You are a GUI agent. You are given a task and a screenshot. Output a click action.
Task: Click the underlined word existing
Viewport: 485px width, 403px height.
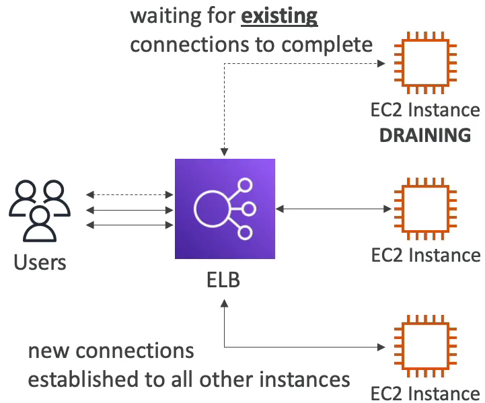point(279,16)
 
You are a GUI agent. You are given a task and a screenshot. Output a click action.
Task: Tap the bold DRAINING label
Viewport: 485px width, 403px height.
point(425,135)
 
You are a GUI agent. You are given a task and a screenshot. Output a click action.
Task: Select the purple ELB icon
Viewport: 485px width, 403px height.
point(225,209)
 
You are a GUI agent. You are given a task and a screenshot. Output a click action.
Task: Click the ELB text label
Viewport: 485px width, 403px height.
point(223,280)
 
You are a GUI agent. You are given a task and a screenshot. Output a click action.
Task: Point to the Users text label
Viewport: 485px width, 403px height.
point(40,262)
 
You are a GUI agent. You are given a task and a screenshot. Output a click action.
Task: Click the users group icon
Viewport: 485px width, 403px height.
point(40,211)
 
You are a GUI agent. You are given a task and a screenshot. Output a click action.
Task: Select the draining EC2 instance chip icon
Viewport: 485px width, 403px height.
point(425,63)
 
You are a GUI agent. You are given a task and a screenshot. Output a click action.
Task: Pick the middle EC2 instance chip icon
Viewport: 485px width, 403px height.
point(425,209)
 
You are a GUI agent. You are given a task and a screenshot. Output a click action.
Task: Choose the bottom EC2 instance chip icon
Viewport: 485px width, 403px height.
point(425,346)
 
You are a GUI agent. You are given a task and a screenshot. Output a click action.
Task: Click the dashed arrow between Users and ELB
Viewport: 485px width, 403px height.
point(130,195)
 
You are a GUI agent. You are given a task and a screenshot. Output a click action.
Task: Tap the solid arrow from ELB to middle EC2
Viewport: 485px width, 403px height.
point(333,209)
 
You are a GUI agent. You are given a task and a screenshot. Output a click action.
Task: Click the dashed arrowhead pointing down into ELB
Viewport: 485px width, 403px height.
point(224,152)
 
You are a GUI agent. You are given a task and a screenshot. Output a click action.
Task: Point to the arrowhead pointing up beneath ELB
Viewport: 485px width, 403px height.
point(224,303)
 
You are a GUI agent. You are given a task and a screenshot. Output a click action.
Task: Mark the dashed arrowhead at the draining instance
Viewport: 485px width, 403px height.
point(381,63)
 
